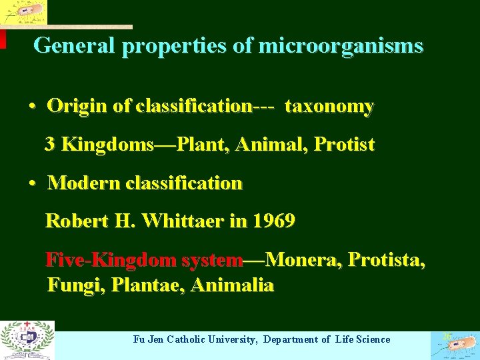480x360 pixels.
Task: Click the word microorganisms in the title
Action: pyautogui.click(x=340, y=45)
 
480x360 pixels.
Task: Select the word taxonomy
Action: pyautogui.click(x=329, y=106)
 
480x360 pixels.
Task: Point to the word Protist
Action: pyautogui.click(x=344, y=144)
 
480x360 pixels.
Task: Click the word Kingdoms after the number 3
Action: pyautogui.click(x=107, y=144)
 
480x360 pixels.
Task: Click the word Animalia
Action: pyautogui.click(x=232, y=285)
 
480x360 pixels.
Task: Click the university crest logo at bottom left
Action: pyautogui.click(x=27, y=339)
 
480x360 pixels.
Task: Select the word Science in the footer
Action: pyautogui.click(x=373, y=339)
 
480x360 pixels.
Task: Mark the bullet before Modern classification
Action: pyautogui.click(x=32, y=183)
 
